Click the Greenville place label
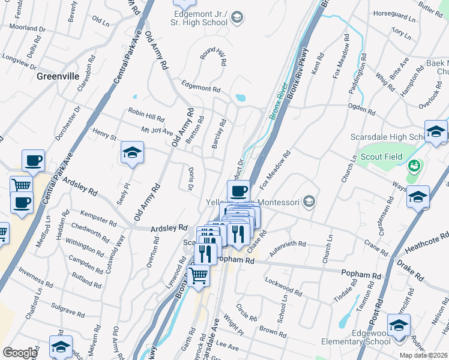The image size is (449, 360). (58, 76)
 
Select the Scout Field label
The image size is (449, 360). (381, 157)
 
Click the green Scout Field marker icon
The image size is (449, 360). (413, 165)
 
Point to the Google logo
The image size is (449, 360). (19, 353)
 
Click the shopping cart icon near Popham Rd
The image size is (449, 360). (198, 277)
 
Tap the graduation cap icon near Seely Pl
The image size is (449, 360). (132, 153)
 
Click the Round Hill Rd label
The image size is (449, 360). (212, 56)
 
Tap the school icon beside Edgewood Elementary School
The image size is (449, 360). (398, 325)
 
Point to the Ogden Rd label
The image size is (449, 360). (363, 109)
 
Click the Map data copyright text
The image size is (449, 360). (423, 355)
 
